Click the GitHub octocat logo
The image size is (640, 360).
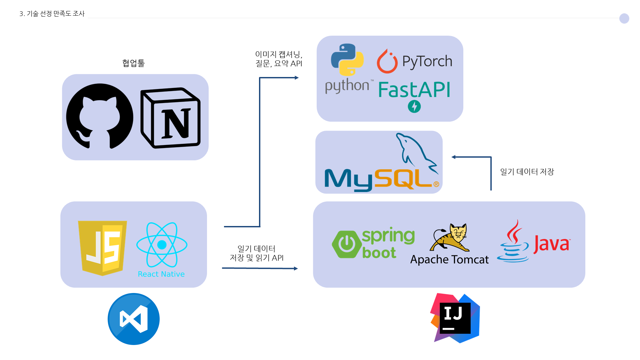(x=99, y=116)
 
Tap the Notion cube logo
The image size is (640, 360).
(x=171, y=118)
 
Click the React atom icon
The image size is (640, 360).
(x=162, y=245)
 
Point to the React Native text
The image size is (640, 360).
(x=161, y=274)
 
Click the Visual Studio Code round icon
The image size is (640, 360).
(x=133, y=319)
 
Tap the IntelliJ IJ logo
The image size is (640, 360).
(x=455, y=318)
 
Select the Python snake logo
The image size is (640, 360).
(x=347, y=60)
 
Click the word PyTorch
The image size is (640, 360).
(x=427, y=61)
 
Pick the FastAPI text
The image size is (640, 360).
(x=414, y=90)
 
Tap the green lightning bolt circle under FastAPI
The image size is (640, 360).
(x=414, y=107)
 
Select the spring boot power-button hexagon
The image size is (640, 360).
(x=347, y=244)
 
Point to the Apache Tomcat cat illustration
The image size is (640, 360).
(x=450, y=238)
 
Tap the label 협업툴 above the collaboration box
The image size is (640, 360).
(x=133, y=63)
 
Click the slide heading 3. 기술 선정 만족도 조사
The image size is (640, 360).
(x=52, y=14)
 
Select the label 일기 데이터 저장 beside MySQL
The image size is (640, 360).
(x=527, y=172)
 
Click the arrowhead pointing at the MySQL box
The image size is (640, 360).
(x=454, y=157)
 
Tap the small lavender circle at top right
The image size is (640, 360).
(x=624, y=18)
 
